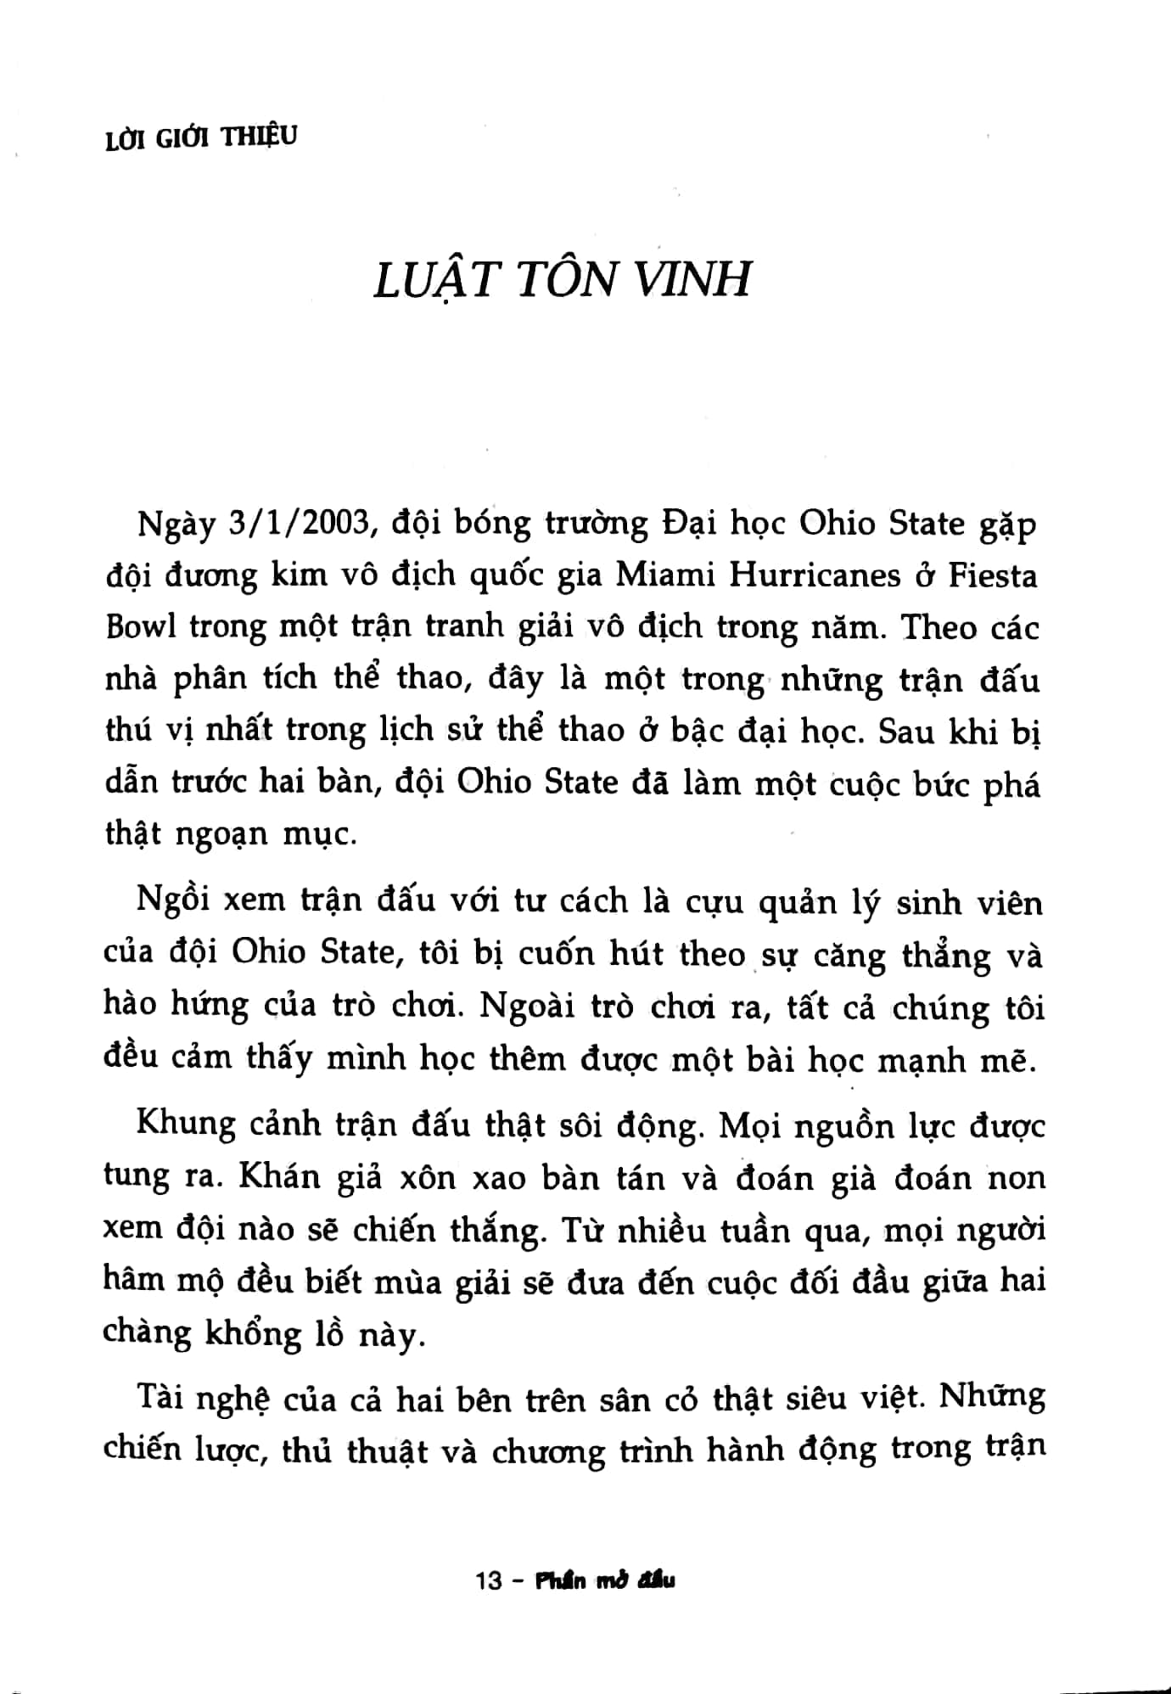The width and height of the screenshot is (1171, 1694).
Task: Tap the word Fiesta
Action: coord(993,575)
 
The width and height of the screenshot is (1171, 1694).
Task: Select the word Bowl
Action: coord(141,627)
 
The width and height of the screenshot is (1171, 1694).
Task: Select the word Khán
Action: coord(279,1176)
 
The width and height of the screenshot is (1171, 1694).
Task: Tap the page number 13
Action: coord(490,1581)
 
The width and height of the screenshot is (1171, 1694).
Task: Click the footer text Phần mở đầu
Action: coord(605,1581)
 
